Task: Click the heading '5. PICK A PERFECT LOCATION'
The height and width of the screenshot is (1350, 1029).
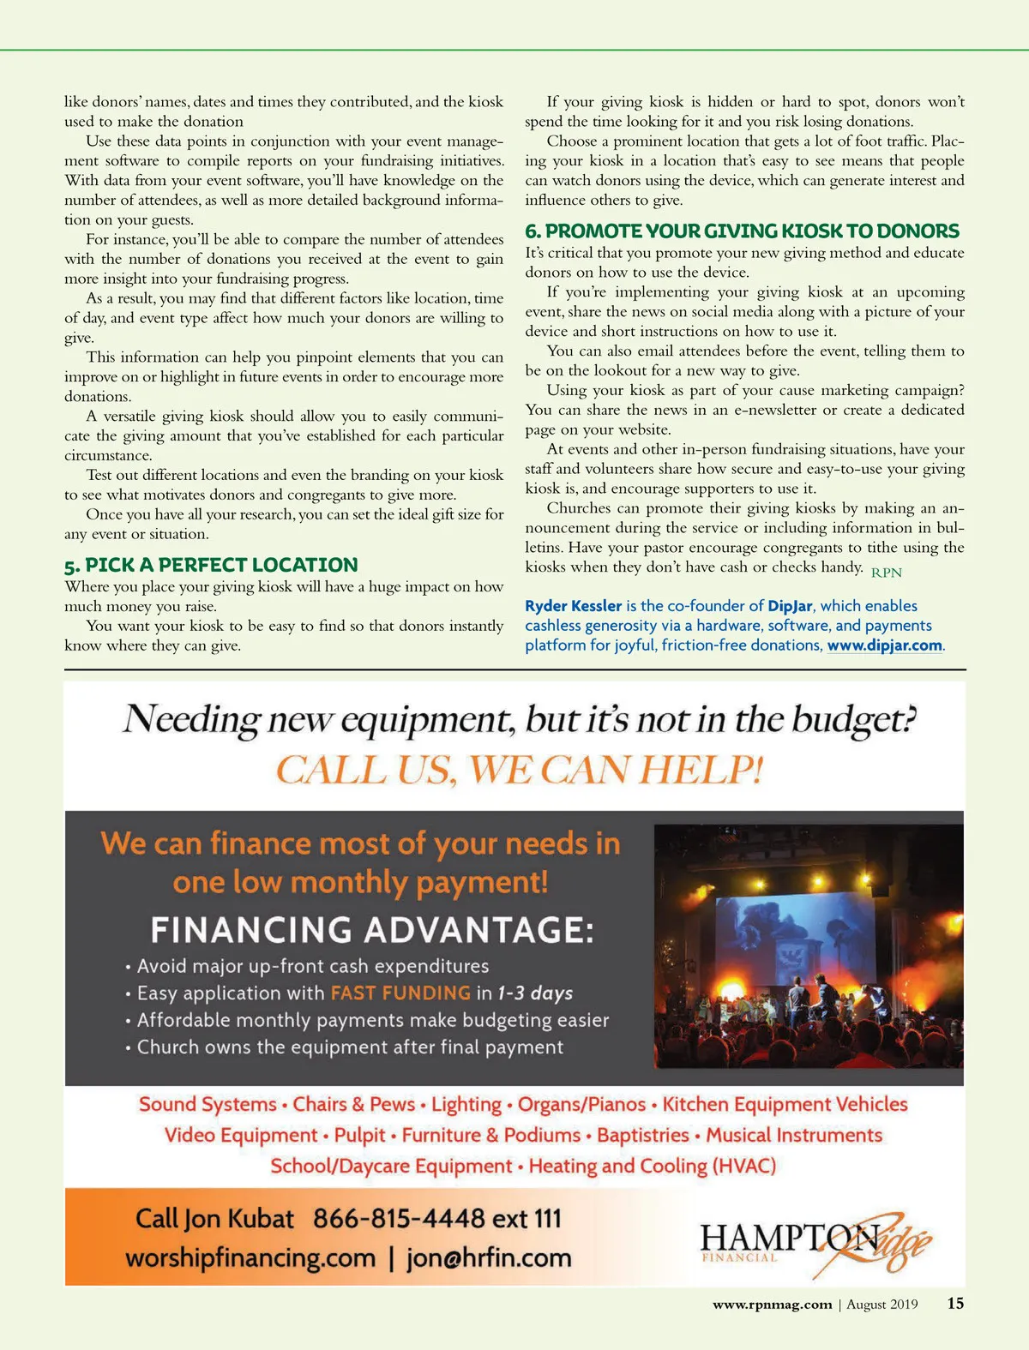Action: (211, 565)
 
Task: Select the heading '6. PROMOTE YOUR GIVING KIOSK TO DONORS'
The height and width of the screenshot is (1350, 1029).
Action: (742, 231)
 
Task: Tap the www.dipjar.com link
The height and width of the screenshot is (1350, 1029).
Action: (884, 645)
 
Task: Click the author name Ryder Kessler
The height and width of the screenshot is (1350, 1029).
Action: (573, 606)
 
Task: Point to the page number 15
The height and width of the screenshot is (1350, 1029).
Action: (955, 1304)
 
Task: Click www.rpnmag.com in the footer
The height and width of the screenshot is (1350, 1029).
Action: (772, 1305)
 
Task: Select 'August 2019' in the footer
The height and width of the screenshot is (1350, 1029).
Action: (882, 1305)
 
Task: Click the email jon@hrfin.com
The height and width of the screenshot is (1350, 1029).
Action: (489, 1258)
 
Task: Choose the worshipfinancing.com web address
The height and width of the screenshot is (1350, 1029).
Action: (250, 1258)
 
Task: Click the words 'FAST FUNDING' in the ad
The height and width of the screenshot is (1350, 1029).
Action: (400, 993)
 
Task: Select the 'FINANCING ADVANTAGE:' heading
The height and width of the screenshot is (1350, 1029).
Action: (372, 930)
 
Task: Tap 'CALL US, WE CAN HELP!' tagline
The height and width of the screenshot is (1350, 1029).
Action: (519, 769)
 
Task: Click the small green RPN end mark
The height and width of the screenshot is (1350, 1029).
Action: (887, 573)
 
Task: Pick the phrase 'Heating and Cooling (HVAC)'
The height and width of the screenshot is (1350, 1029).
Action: (652, 1167)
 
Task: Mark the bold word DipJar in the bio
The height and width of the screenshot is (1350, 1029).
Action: (790, 606)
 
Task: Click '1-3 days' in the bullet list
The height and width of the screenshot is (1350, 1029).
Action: (535, 993)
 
